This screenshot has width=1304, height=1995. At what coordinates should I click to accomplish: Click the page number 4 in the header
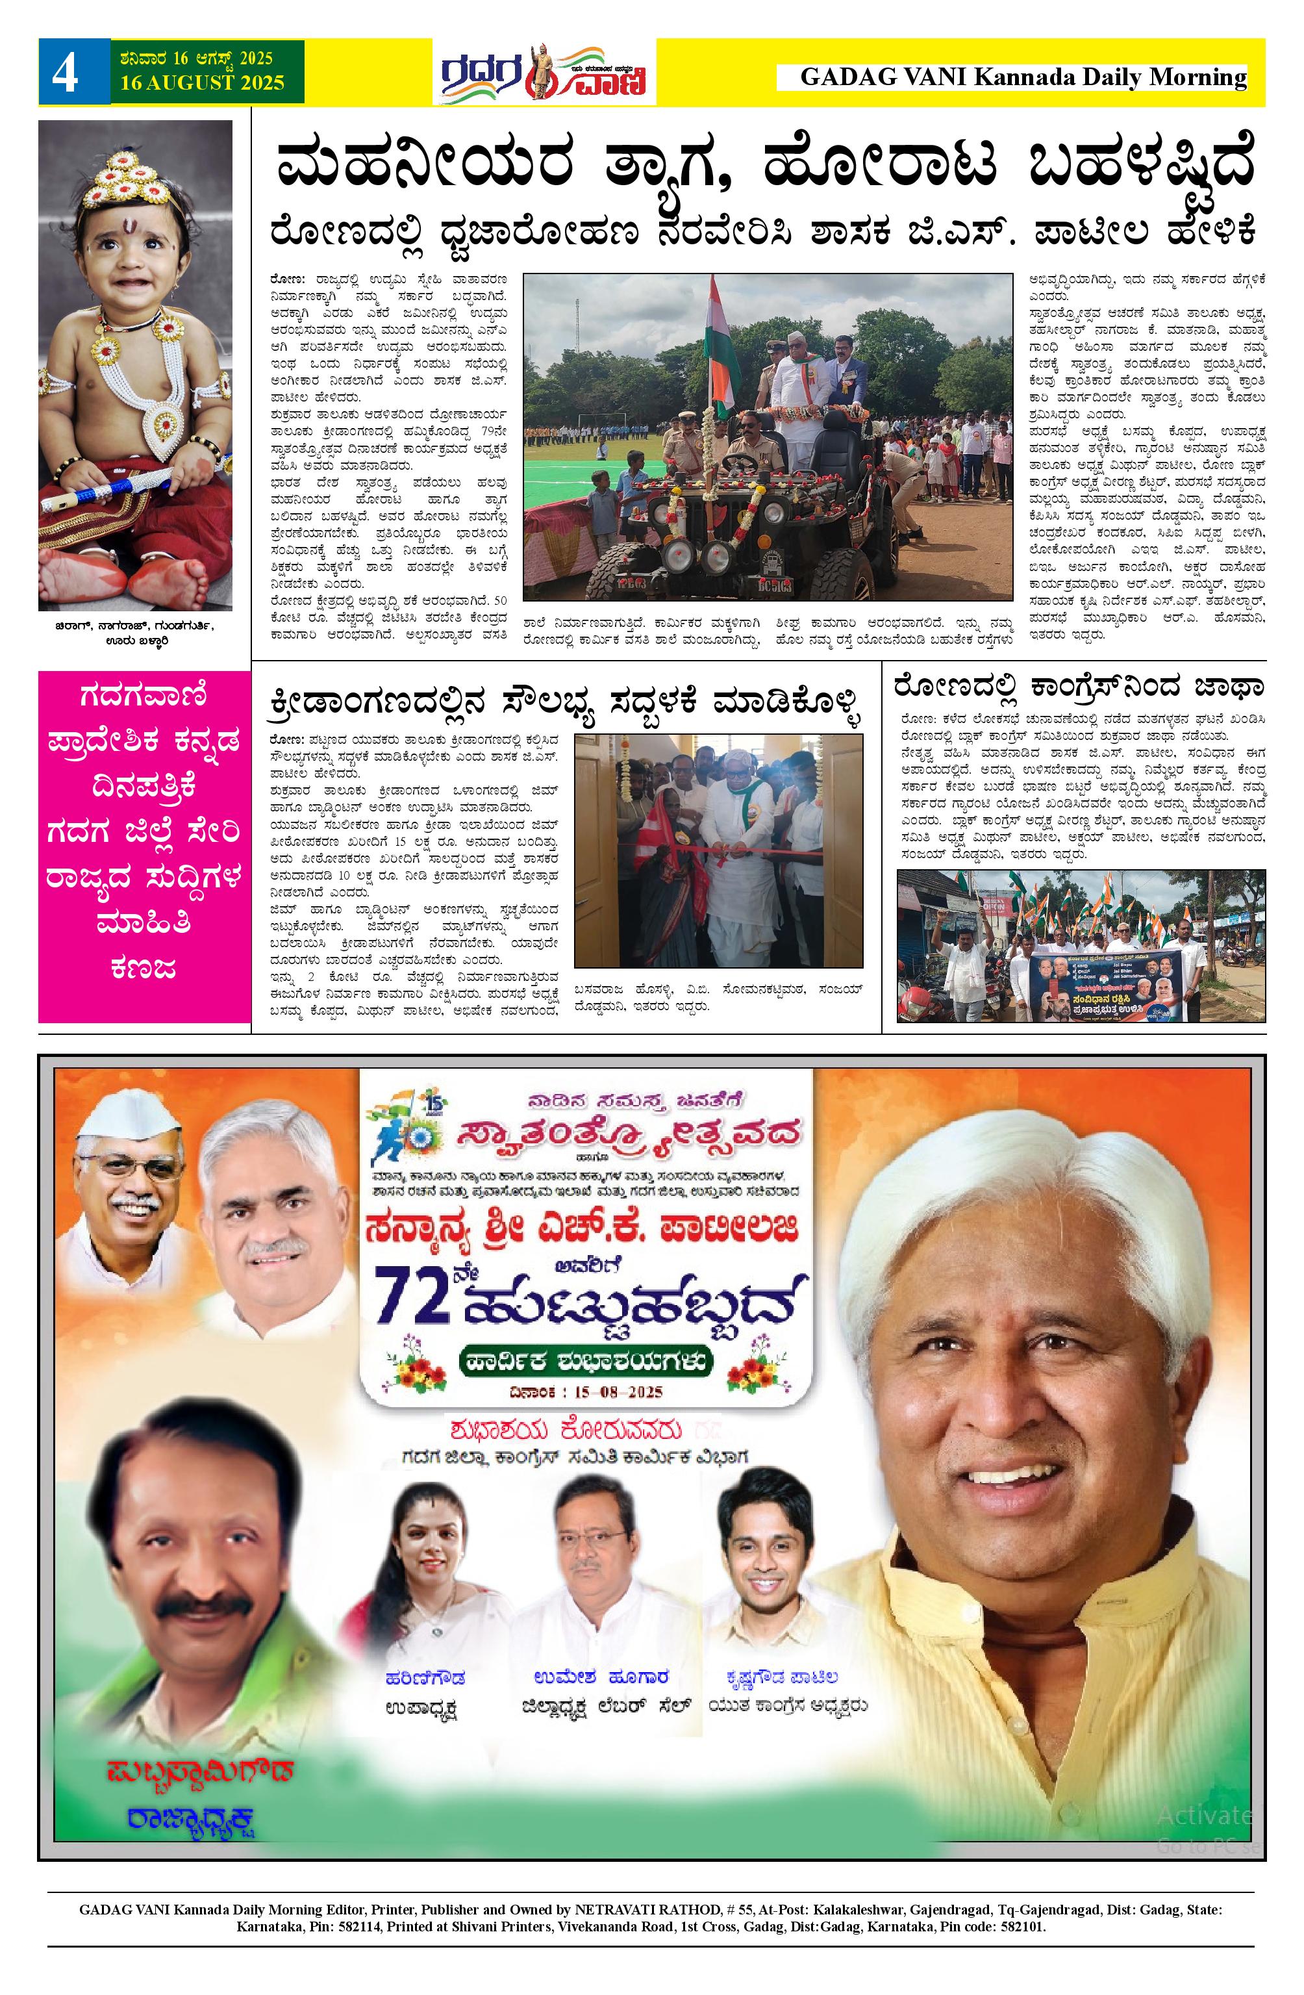pos(66,73)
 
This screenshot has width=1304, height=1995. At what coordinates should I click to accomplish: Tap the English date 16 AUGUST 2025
pos(201,83)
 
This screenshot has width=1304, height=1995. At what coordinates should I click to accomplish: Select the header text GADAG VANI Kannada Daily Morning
pos(1022,78)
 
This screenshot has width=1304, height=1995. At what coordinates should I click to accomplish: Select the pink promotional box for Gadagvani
pos(144,846)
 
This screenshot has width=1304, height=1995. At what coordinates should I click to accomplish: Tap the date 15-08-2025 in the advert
pos(586,1392)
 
